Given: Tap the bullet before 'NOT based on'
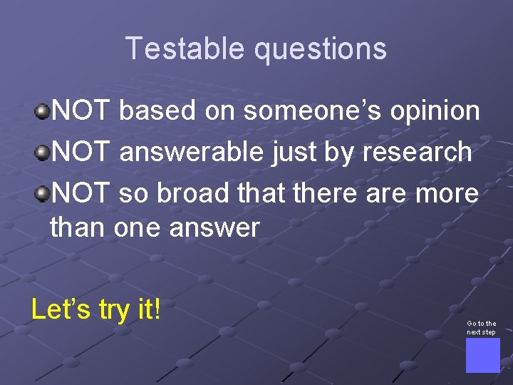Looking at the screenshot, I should point(43,111).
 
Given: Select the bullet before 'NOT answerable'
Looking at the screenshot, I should point(43,153).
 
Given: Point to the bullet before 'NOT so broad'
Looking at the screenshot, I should point(43,193).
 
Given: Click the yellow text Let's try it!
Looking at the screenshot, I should point(96,309).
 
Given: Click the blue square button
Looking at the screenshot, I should point(482,355).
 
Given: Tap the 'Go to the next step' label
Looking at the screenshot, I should point(482,328).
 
